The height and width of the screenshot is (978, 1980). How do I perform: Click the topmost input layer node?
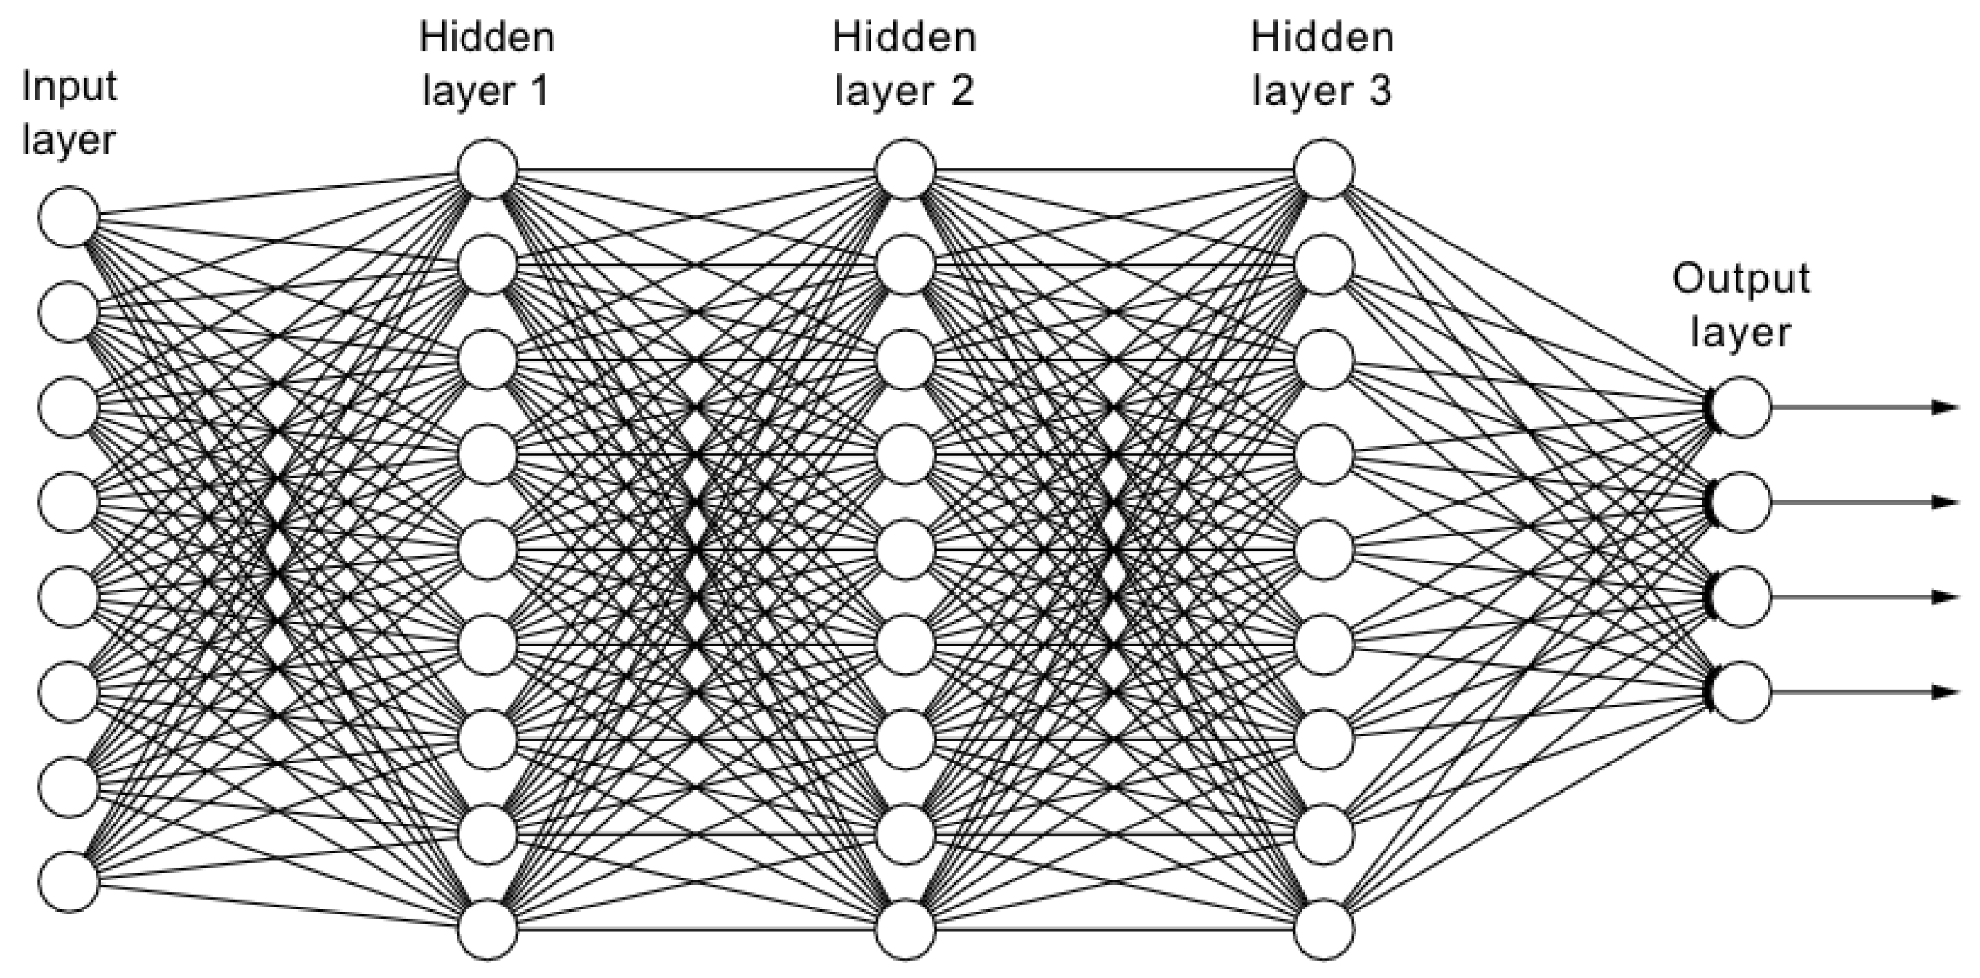tap(69, 217)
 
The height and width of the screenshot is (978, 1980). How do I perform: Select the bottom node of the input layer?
tap(69, 882)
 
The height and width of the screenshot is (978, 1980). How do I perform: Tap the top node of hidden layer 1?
tap(487, 169)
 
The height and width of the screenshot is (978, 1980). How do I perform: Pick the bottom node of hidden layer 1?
tap(487, 930)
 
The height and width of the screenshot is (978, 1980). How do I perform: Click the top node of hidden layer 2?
tap(905, 169)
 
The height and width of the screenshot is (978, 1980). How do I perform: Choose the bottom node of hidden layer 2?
tap(905, 930)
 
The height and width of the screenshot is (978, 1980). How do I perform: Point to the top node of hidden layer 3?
tap(1324, 169)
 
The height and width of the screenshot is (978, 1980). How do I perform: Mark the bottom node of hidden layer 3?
tap(1324, 930)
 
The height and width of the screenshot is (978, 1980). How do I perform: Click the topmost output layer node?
tap(1742, 407)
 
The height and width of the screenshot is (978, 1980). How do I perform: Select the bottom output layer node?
tap(1742, 692)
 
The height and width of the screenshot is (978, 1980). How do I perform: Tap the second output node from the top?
tap(1742, 502)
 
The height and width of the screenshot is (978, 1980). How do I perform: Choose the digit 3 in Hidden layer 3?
tap(1379, 91)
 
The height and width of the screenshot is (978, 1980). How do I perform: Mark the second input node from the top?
tap(69, 312)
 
